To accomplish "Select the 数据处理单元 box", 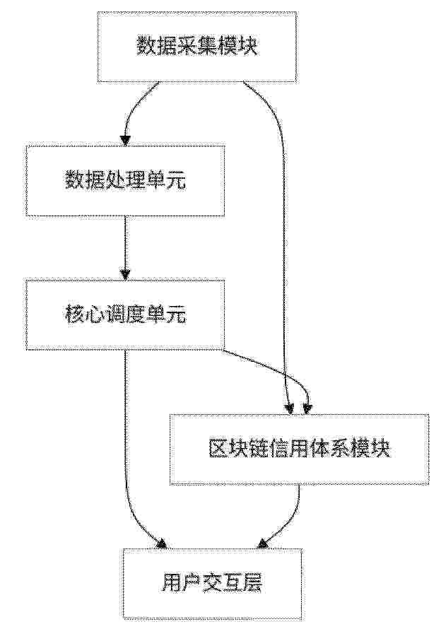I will coord(125,181).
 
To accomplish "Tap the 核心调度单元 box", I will coord(125,315).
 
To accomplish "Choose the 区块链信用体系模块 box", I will coord(299,449).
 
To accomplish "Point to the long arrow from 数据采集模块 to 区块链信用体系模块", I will coord(283,212).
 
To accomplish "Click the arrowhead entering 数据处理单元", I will coord(125,139).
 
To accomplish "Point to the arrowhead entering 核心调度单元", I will coord(125,274).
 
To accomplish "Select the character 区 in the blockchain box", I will coord(218,449).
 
